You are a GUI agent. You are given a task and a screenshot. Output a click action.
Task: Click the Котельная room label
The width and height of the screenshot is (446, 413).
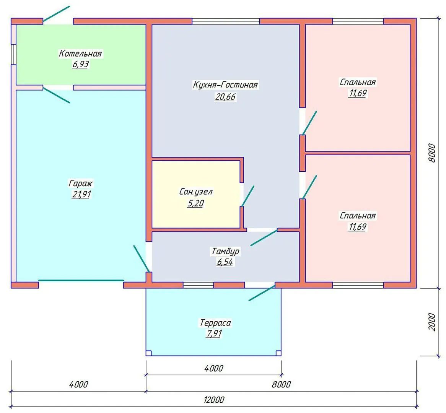80,54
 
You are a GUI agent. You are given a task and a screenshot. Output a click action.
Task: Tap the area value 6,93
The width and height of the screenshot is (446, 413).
80,64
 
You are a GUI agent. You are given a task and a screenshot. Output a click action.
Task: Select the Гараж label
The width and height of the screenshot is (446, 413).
80,184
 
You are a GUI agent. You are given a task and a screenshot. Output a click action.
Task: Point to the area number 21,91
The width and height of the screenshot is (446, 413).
81,194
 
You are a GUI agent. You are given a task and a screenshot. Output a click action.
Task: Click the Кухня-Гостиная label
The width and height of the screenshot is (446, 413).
225,85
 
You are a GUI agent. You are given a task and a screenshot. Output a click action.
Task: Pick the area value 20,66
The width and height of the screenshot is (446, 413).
225,97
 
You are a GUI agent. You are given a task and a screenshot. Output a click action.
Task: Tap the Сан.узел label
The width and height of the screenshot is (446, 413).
196,192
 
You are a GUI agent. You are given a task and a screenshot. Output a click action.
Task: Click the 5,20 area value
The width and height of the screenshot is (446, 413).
196,203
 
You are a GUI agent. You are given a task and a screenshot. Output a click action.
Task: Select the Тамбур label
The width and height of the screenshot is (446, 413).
225,252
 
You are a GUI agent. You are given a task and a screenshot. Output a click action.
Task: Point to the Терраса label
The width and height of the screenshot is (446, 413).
215,323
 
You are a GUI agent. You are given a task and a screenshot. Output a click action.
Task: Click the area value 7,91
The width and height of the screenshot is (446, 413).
214,333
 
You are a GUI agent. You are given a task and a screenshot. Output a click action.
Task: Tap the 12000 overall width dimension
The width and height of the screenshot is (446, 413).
214,400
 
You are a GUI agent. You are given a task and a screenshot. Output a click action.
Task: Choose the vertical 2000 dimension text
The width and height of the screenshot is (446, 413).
432,322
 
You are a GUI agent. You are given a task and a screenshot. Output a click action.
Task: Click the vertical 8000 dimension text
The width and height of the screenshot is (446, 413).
432,153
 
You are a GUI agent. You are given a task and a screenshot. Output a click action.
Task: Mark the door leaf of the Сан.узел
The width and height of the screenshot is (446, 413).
247,196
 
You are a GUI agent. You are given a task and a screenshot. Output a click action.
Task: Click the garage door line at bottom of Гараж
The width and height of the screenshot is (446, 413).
81,280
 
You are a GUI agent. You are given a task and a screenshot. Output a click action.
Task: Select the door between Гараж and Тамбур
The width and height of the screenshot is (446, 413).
142,259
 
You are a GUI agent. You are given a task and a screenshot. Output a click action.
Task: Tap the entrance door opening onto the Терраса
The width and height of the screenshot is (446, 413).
262,293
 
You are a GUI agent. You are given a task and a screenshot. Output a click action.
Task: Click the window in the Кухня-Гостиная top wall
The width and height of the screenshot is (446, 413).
226,21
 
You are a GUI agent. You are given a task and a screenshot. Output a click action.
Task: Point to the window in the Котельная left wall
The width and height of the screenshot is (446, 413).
13,54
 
